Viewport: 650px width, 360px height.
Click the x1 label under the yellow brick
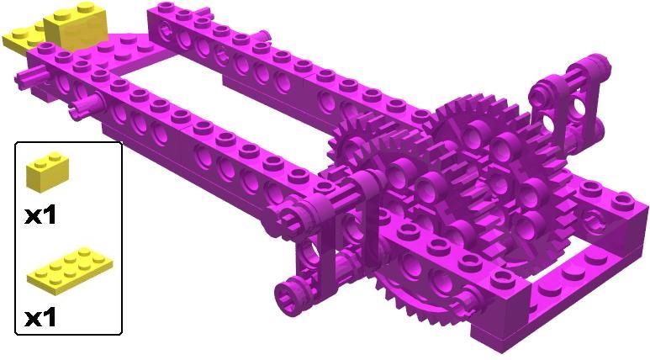pos(40,215)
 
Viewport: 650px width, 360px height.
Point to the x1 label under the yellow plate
pos(40,318)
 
